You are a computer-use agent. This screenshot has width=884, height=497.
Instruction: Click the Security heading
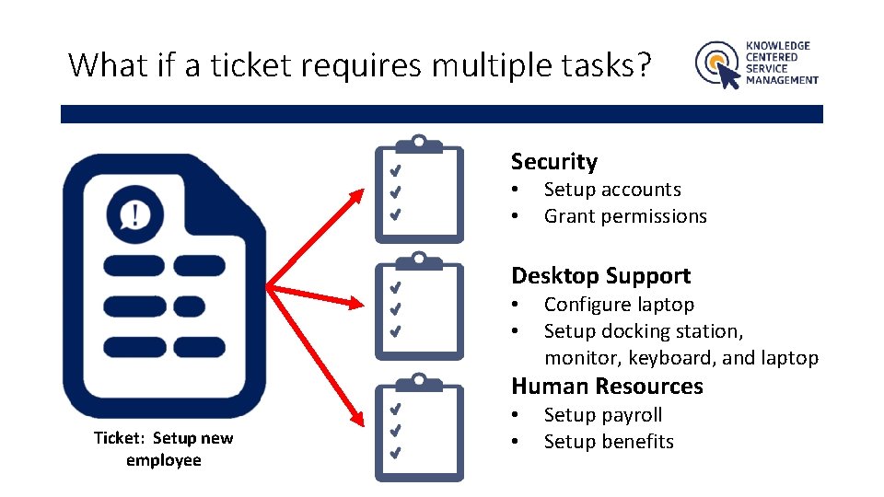(553, 162)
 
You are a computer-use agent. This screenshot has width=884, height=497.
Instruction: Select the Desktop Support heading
(600, 276)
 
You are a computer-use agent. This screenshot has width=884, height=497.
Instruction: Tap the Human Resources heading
(607, 387)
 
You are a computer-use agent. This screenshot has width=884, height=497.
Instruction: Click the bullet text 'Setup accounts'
(612, 190)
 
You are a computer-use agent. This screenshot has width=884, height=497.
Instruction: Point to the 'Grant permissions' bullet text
(625, 216)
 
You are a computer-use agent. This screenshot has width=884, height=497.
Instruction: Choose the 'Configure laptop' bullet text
(619, 305)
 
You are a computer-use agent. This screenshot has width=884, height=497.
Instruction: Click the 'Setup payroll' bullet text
(603, 415)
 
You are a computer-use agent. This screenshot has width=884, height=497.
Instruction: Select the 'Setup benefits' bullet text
(609, 442)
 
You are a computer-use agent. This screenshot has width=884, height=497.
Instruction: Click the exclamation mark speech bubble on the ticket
(135, 214)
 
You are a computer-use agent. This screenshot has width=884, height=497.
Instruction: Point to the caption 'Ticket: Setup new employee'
(164, 449)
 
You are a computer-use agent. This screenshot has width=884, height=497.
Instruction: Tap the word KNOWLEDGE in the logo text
(778, 45)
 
